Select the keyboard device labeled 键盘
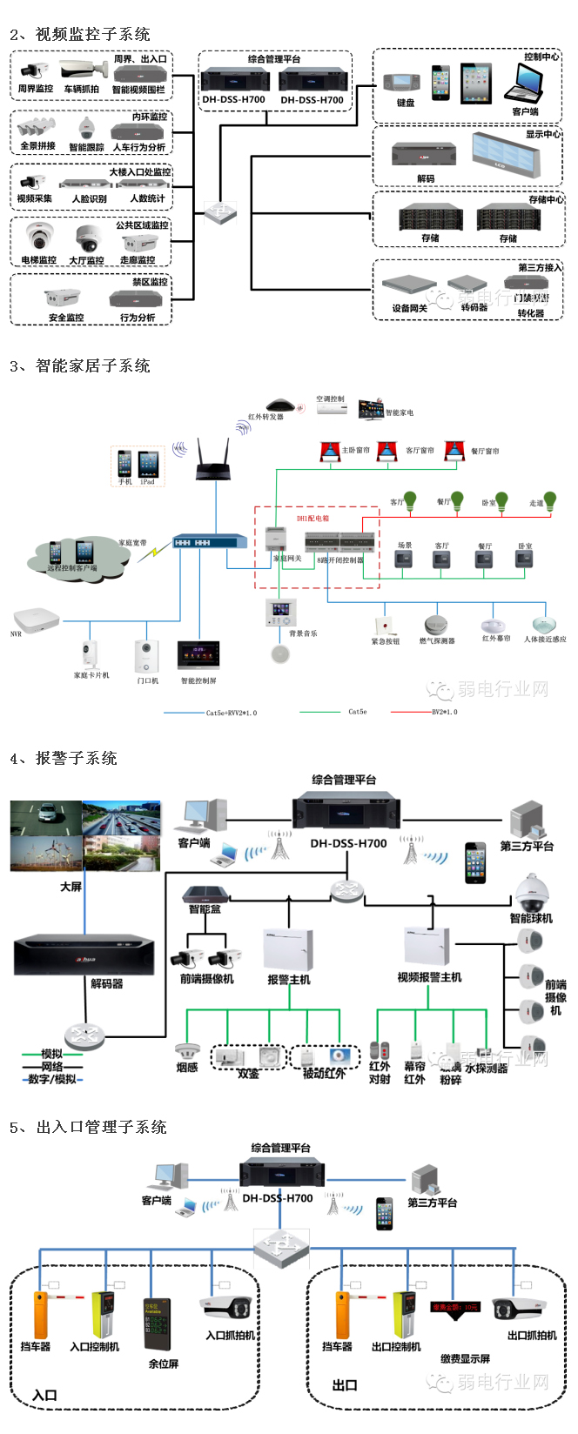(403, 83)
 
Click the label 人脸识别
(89, 199)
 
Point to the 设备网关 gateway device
(409, 286)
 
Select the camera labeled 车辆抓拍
(84, 70)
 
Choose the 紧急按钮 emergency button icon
(384, 626)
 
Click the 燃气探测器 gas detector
(435, 625)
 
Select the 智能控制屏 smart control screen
(198, 655)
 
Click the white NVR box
(37, 619)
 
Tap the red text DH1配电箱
(313, 519)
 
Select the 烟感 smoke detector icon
(186, 1051)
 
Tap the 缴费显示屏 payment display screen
(455, 1308)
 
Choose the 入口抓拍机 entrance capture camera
(227, 1309)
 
